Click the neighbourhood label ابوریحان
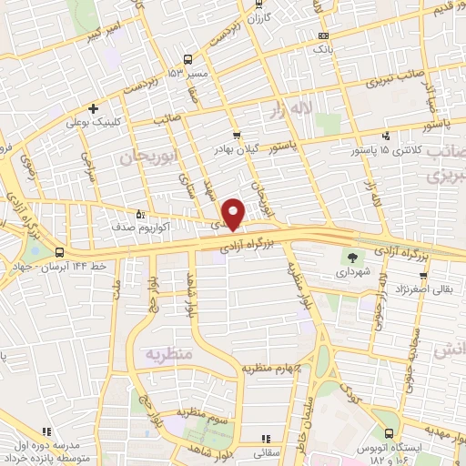coord(149,156)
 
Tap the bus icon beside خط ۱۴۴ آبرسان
coord(59,252)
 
